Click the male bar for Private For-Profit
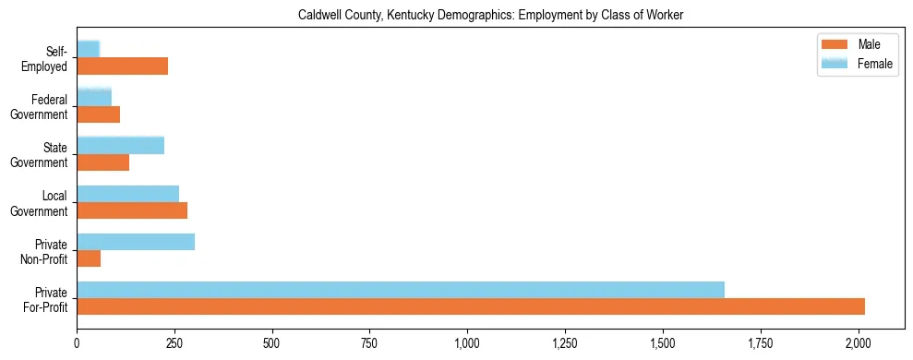coord(471,306)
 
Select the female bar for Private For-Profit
coord(401,290)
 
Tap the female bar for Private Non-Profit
coord(136,242)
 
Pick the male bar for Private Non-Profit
coord(89,258)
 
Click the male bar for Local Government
coord(132,210)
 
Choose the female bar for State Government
coord(120,145)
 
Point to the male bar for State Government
coord(102,162)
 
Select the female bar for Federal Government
coord(94,97)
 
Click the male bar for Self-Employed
coord(122,66)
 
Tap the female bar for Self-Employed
coord(89,49)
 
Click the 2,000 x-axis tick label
coord(859,343)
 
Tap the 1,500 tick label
coord(663,343)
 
